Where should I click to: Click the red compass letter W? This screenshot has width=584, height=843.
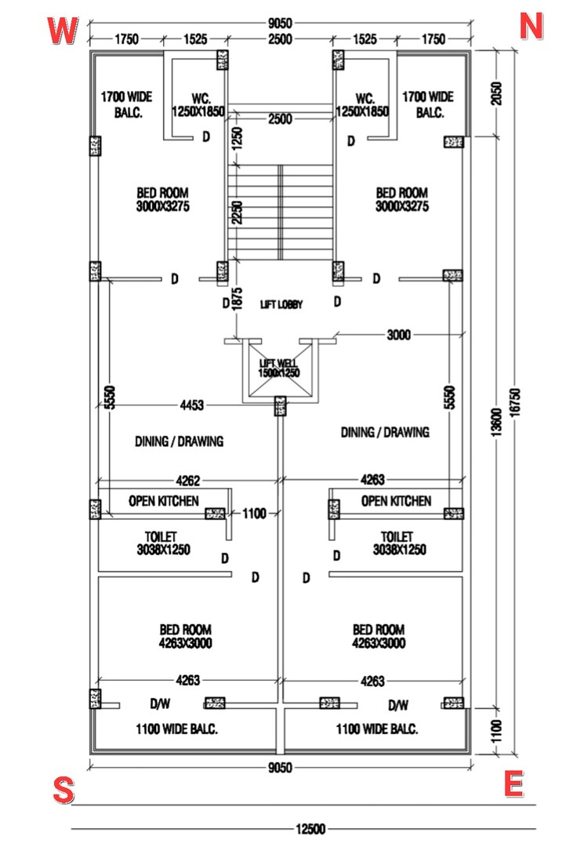pyautogui.click(x=63, y=31)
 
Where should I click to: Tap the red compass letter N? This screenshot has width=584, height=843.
pyautogui.click(x=531, y=27)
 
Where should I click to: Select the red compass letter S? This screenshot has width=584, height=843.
pyautogui.click(x=63, y=790)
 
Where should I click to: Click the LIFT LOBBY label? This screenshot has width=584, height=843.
pyautogui.click(x=281, y=304)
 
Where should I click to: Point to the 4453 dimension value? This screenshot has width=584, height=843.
pyautogui.click(x=191, y=405)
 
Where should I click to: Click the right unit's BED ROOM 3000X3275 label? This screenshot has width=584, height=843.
pyautogui.click(x=401, y=199)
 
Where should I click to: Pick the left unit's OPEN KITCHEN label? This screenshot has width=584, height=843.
pyautogui.click(x=164, y=500)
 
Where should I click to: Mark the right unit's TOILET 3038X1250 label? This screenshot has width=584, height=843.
pyautogui.click(x=399, y=543)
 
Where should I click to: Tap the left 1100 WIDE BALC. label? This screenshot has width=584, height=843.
pyautogui.click(x=176, y=729)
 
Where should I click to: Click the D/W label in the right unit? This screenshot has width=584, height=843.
pyautogui.click(x=398, y=703)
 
